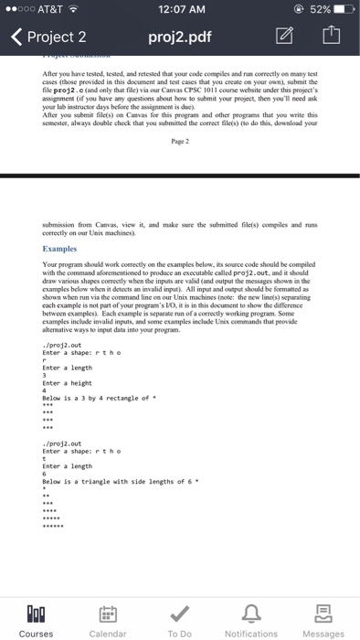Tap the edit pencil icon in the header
[x=282, y=38]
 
